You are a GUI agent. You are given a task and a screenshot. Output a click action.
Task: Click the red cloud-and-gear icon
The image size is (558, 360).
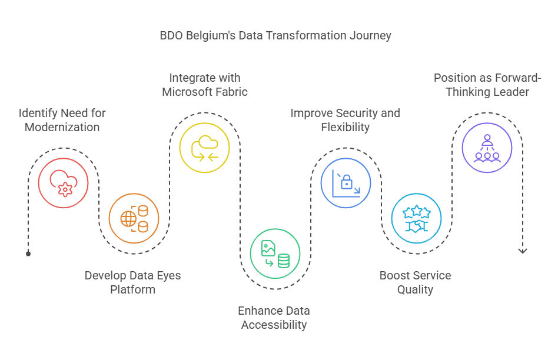coord(64,183)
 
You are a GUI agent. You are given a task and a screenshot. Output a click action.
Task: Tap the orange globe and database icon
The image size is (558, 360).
coord(134,218)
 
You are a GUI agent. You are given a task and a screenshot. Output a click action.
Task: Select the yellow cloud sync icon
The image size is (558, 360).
coord(205,148)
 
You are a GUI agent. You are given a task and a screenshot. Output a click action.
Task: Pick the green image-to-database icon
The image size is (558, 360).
coord(275,254)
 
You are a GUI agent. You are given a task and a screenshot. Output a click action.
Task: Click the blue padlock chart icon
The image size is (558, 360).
coord(346,183)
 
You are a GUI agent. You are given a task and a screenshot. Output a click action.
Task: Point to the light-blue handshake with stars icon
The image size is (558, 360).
coord(416,218)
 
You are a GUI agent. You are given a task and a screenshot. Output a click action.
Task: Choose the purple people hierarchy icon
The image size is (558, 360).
coord(487,148)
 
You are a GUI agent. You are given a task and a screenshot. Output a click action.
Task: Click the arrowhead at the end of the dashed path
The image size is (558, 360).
coord(523,251)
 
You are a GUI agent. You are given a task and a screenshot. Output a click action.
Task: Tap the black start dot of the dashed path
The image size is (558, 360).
coord(28,254)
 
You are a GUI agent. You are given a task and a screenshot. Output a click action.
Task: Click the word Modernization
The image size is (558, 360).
coord(62,127)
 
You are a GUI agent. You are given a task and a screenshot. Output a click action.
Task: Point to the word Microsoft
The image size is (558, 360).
coord(187,92)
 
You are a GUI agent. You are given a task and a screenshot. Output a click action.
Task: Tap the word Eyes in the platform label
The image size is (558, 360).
coord(169,276)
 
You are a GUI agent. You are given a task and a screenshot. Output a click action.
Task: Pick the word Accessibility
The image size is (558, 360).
coord(274,325)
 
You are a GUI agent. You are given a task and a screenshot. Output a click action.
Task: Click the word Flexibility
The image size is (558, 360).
coord(345,127)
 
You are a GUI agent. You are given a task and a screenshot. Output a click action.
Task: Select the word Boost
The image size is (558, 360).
coord(394,275)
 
